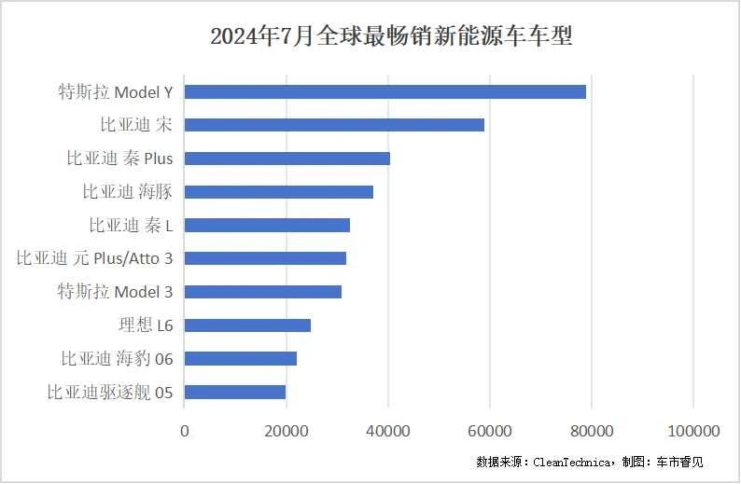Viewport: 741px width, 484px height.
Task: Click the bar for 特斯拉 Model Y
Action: [384, 91]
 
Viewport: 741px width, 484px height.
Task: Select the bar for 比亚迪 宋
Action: [334, 125]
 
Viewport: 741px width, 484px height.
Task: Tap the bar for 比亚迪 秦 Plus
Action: [287, 159]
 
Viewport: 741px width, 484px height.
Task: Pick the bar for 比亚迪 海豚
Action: [278, 192]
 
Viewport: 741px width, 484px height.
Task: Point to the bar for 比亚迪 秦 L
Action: [267, 225]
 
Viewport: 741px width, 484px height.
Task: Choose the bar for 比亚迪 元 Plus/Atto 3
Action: [265, 258]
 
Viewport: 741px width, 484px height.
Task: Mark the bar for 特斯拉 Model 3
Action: [262, 292]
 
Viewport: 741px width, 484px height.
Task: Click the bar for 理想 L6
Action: [247, 325]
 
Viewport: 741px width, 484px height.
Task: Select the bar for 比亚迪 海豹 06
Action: [240, 358]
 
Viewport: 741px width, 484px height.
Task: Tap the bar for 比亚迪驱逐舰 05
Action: [234, 392]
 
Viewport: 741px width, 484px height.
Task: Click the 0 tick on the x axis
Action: [184, 431]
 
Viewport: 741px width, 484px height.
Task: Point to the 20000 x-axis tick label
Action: [287, 431]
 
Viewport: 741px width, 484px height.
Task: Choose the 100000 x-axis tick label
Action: [693, 431]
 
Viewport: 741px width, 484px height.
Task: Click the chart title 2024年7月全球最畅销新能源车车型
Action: [391, 36]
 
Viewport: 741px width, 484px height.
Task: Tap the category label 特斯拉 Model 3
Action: [115, 292]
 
